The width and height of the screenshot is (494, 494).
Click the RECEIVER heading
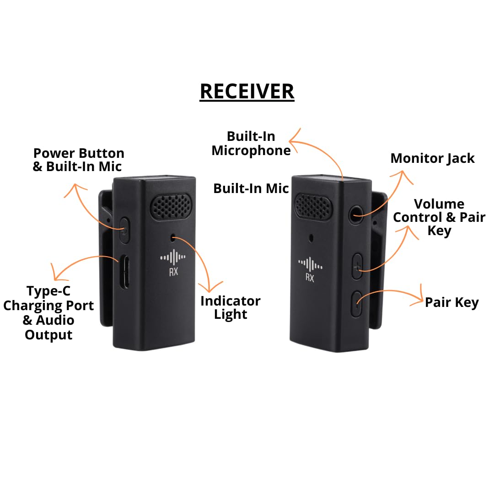pos(247,91)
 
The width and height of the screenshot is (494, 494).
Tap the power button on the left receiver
pos(125,230)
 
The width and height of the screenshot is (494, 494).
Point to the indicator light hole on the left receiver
pos(172,238)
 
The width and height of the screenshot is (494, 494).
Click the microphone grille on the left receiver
pos(172,206)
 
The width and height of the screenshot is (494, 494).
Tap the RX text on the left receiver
pos(173,272)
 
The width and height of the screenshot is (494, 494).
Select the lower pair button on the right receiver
pos(357,304)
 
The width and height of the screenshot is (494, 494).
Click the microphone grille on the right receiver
pos(313,207)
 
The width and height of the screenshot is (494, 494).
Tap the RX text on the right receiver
pos(310,278)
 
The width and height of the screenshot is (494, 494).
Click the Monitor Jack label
pos(433,158)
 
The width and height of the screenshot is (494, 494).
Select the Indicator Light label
pos(231,308)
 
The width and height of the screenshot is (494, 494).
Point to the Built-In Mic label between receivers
pos(251,188)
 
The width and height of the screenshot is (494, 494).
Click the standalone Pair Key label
pos(452,302)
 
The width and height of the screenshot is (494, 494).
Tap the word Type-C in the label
pos(48,291)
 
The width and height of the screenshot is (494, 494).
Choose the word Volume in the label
pos(439,204)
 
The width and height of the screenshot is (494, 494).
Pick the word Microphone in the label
pos(251,151)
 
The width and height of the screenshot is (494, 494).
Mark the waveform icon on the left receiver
pos(173,258)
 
